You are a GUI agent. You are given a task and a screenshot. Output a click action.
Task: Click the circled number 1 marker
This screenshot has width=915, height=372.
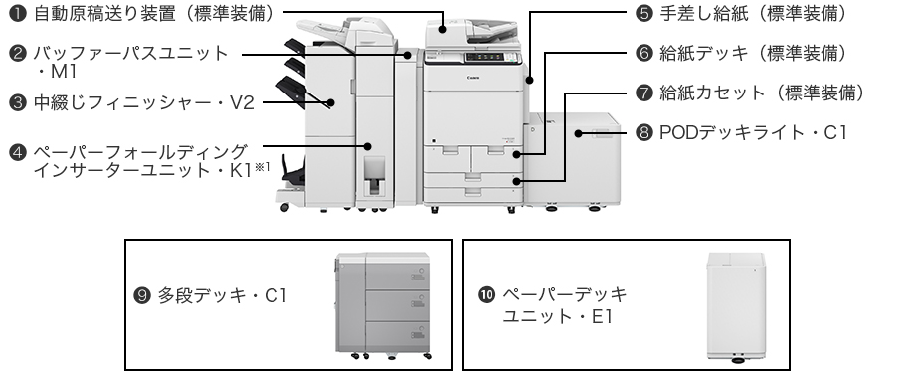coord(18,14)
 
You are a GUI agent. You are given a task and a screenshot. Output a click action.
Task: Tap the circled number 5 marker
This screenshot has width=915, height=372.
coord(643,14)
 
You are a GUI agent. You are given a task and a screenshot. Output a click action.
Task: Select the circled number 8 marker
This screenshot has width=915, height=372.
coord(643,133)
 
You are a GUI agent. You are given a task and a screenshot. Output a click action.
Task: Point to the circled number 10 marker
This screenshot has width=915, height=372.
coord(486,294)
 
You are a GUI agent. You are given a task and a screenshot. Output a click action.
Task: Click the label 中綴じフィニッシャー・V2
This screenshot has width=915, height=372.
coord(143,103)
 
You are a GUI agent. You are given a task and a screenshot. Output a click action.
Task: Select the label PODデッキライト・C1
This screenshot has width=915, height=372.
coord(753,133)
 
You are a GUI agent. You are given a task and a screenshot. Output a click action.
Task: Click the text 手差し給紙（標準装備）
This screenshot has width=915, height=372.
coord(753,14)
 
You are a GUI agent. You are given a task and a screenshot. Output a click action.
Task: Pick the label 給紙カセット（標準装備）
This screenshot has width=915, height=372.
coord(762,93)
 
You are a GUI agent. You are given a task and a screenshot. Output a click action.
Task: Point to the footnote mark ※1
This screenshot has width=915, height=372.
coord(262,167)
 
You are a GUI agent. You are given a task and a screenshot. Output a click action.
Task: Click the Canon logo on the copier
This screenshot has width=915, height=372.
coord(473,78)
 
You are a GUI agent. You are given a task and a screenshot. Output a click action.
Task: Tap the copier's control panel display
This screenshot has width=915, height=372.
coord(485,57)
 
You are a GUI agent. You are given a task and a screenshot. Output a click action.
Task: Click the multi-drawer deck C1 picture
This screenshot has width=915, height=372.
coord(383,305)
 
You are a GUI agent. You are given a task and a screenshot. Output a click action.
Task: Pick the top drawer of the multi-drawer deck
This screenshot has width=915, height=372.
coord(398,276)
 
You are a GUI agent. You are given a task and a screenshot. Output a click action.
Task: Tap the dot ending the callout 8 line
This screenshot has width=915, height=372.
coord(578,133)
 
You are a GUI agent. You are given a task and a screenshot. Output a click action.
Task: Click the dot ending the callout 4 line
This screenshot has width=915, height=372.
coord(368,146)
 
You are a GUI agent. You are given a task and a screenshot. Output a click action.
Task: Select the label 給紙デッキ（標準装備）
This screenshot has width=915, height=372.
coord(753,53)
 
